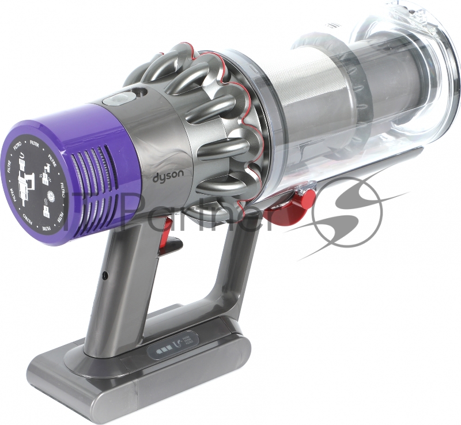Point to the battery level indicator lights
tap(163, 350)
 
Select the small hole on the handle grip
tap(104, 276)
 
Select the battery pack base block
tap(144, 369)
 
